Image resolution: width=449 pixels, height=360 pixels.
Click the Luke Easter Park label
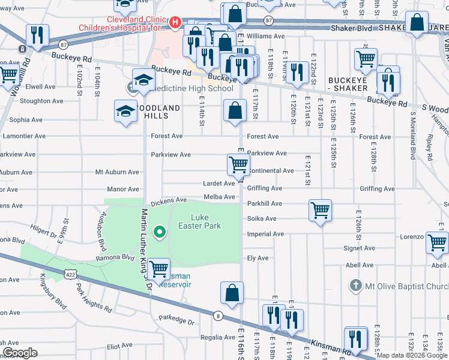coord(199,221)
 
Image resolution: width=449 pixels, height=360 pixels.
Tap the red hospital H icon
coord(175,22)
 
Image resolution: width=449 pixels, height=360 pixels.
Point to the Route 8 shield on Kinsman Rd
coord(218,316)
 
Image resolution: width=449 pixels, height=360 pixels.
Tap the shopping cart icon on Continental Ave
coord(238,164)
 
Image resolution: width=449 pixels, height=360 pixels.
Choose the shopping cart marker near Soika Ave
coord(321,210)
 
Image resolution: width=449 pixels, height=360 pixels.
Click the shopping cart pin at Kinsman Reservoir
coord(159,269)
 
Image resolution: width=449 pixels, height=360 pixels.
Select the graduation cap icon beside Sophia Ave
coord(125,111)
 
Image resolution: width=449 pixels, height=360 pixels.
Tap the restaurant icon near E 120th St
coord(297,72)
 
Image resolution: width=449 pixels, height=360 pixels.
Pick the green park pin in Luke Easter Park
coord(159,231)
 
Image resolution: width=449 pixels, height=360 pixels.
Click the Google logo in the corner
coord(20,352)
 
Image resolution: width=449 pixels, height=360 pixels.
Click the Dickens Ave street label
coord(169,200)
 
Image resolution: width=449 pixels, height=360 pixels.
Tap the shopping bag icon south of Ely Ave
coord(232,293)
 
